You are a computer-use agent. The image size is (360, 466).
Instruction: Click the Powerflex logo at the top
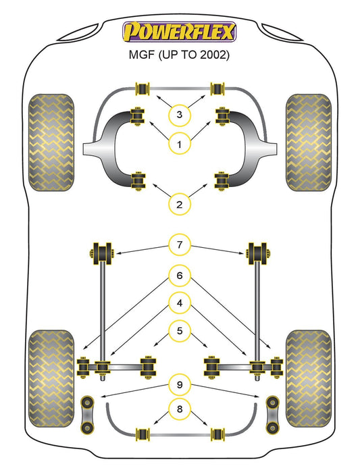180,32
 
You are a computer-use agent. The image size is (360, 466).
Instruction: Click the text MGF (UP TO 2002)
179,55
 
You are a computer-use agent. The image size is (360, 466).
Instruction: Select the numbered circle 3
179,114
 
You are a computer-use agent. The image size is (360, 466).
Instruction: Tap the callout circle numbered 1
179,145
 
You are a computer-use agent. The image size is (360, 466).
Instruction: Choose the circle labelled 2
179,205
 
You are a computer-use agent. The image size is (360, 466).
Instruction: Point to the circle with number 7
180,245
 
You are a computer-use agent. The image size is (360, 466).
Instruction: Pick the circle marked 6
180,276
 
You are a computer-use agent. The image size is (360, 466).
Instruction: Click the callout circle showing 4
180,303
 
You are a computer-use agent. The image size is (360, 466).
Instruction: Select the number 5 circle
180,331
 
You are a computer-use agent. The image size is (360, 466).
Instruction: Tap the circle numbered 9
180,385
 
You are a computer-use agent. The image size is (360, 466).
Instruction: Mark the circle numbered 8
180,409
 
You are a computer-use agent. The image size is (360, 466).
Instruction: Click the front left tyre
51,143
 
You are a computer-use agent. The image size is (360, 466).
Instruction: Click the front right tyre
309,143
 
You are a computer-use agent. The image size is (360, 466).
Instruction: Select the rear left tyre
51,378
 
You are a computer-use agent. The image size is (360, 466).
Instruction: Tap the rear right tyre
309,378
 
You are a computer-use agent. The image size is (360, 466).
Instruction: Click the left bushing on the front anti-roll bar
142,88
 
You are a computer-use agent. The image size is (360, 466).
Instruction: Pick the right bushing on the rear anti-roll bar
217,435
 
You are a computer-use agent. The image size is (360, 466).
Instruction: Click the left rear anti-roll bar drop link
87,414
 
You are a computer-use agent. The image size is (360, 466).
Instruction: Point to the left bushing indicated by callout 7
102,254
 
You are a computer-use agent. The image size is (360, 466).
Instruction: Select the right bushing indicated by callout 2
222,181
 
